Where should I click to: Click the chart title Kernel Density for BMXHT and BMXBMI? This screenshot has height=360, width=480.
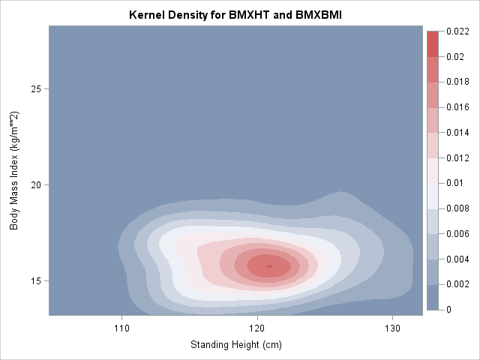coord(235,14)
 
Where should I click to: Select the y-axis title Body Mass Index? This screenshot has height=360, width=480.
coord(14,172)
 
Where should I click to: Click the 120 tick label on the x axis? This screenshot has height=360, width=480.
coord(256,328)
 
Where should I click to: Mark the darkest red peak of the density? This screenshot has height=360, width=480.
coord(269,265)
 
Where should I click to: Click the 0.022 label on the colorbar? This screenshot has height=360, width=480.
coord(457,31)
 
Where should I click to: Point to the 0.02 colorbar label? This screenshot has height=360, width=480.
coord(454,57)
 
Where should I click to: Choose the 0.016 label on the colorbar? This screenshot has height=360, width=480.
coord(457,107)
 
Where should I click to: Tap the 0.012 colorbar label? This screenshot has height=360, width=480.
coord(457,157)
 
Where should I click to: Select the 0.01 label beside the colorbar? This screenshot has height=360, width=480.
coord(454,183)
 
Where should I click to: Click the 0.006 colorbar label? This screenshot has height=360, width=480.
coord(457,233)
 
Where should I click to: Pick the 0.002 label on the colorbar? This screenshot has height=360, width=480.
coord(457,284)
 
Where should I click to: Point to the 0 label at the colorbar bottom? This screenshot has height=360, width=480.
coord(448,309)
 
